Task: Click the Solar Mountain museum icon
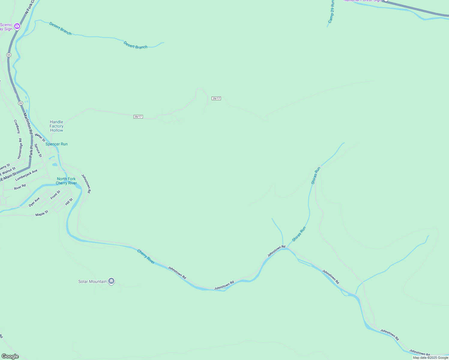[x=111, y=281]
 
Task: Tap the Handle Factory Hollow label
[x=57, y=126]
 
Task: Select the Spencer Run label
[x=56, y=144]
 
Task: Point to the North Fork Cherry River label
[x=66, y=181]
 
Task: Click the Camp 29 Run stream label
[x=331, y=12]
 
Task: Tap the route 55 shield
[x=9, y=55]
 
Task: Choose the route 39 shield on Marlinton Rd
[x=20, y=103]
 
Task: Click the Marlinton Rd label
[x=27, y=123]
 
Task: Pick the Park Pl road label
[x=31, y=152]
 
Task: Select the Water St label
[x=40, y=138]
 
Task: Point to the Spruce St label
[x=38, y=150]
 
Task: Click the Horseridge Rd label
[x=20, y=148]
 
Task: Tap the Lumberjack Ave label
[x=26, y=175]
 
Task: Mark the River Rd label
[x=20, y=187]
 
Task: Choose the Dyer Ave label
[x=34, y=202]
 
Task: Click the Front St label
[x=55, y=195]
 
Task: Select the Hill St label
[x=69, y=202]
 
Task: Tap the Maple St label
[x=42, y=213]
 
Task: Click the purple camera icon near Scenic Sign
[x=17, y=26]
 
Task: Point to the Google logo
[x=10, y=356]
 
